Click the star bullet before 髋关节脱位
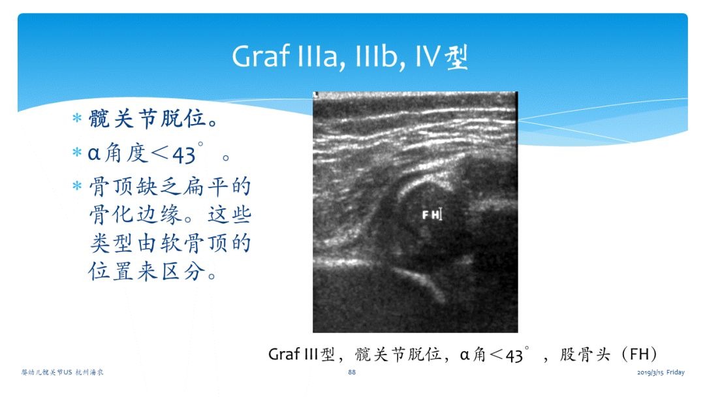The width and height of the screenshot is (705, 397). coord(77,119)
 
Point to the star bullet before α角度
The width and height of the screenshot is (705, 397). coord(77,152)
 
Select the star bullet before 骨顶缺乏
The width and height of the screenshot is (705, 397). coord(77,185)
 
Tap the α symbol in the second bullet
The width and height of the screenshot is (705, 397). coord(93,154)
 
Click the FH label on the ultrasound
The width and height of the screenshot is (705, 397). coord(431,215)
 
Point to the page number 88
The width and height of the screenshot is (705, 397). coord(352,372)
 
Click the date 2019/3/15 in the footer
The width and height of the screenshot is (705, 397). coord(650,373)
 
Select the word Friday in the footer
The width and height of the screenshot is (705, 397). coord(676,372)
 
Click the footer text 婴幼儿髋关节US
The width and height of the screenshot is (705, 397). coord(46,372)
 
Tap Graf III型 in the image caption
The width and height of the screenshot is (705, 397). coord(301,355)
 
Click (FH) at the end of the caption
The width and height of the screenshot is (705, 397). coord(639,355)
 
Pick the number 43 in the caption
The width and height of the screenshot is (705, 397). coord(514,356)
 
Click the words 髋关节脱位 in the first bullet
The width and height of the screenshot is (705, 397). coord(147,119)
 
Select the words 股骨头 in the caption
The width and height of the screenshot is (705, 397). coord(585,355)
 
